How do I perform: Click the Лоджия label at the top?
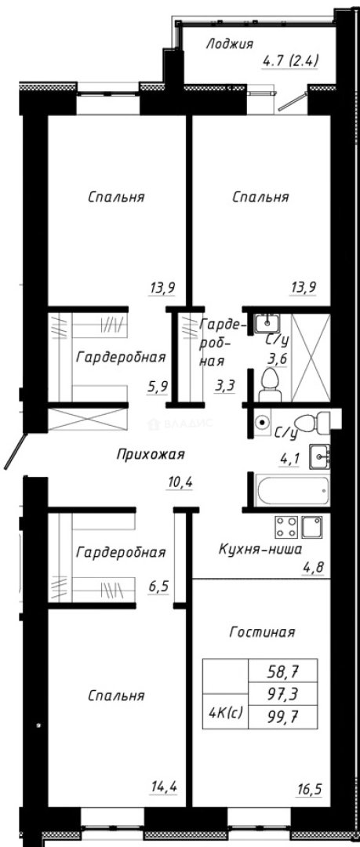pos(230,44)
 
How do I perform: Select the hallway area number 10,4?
pos(180,482)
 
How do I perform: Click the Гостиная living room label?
pos(262,631)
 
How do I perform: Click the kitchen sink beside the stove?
pos(312,526)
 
